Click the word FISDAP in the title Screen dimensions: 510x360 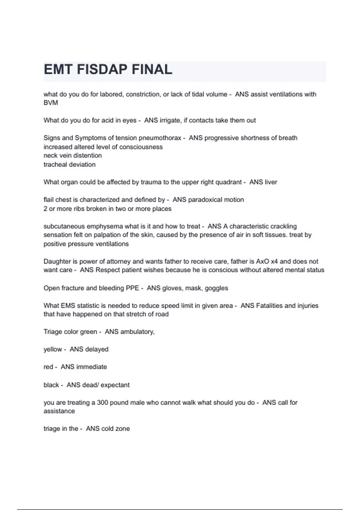coord(102,70)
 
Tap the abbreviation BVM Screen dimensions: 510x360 coord(51,103)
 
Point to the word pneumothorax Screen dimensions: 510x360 coord(160,138)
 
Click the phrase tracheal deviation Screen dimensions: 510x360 coord(70,164)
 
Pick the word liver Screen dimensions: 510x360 coord(271,182)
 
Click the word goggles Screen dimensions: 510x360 coord(216,288)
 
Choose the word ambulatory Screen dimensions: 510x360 coord(137,332)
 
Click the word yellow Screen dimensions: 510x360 coord(53,349)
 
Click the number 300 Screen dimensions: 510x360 coord(103,403)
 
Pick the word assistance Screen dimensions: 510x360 coord(59,411)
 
